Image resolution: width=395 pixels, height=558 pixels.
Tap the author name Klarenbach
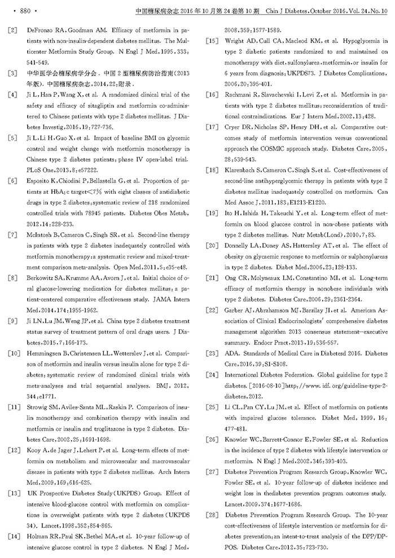(242, 170)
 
